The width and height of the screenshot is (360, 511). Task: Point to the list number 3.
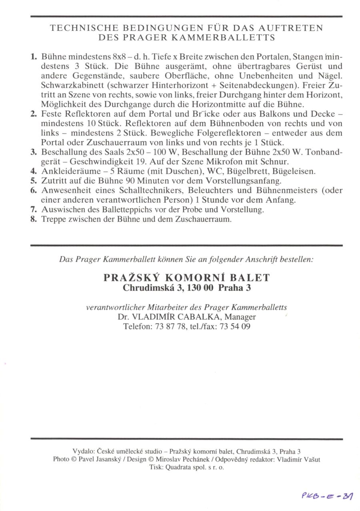click(34, 152)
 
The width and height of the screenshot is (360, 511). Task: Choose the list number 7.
click(34, 210)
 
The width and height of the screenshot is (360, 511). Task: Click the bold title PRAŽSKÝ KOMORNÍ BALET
click(186, 277)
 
